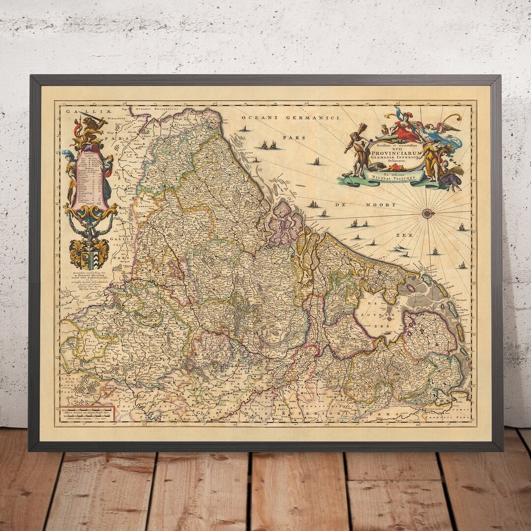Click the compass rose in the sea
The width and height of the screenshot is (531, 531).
pos(428,213)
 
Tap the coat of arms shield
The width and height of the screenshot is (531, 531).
pos(88,254)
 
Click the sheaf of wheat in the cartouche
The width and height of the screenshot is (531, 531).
pos(455,171)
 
